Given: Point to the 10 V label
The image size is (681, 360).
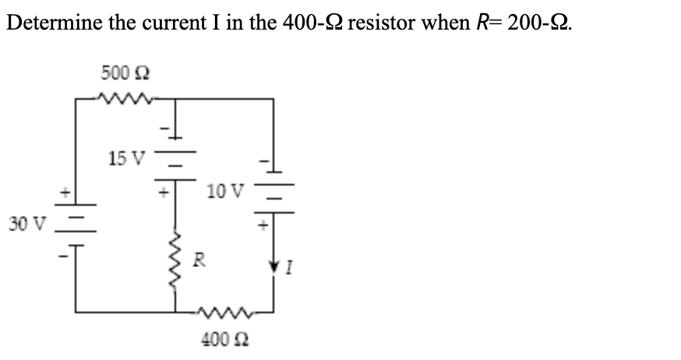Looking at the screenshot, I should pos(227,189).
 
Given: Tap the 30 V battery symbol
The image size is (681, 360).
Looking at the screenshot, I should pos(76,224).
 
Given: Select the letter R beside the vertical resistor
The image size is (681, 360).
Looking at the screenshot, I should pos(198,259).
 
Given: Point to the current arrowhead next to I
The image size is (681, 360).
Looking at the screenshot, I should pos(273,267).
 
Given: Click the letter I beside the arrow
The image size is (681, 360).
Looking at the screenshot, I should pos(288,270).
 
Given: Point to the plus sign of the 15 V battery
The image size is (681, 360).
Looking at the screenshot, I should pos(165,189).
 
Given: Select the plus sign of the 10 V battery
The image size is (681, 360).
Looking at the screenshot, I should pos(263,223).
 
